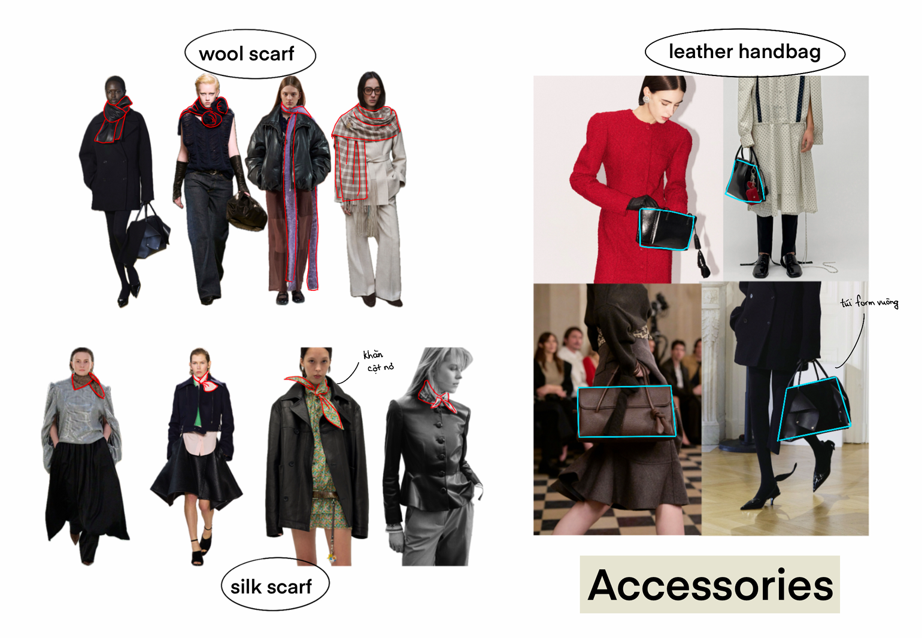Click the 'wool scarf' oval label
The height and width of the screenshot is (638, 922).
tap(250, 54)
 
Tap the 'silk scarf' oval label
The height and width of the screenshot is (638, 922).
tap(275, 585)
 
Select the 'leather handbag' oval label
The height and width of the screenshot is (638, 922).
tap(745, 52)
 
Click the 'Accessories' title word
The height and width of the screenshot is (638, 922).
tap(710, 585)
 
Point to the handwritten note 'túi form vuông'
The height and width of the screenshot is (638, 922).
tap(869, 302)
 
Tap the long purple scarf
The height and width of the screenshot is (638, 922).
tap(299, 198)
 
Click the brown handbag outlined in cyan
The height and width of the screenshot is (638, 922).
tap(626, 411)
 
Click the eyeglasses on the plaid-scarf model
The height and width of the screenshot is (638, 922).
tap(372, 91)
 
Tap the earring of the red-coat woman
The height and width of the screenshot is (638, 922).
tap(646, 99)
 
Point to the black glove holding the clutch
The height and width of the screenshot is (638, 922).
tap(642, 203)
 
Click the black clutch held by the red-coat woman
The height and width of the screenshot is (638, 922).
tap(665, 229)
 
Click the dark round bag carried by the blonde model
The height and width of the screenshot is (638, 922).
tap(245, 212)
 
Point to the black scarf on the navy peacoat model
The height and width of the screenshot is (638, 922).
tap(113, 120)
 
